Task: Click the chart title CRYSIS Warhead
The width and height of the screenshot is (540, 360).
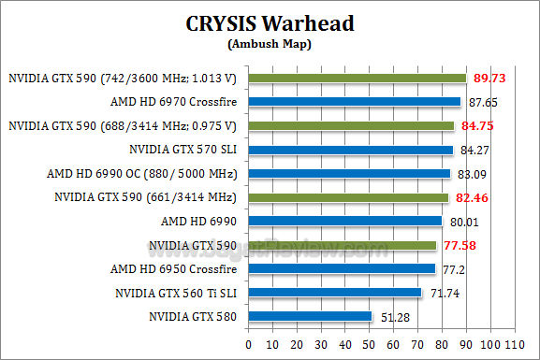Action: pyautogui.click(x=270, y=23)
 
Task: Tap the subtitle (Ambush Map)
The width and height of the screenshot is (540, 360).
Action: pyautogui.click(x=270, y=43)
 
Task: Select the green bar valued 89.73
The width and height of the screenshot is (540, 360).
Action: pyautogui.click(x=357, y=78)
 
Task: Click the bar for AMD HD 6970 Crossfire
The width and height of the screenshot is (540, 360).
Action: pyautogui.click(x=354, y=101)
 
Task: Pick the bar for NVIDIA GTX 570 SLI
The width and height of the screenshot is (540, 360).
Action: pyautogui.click(x=350, y=149)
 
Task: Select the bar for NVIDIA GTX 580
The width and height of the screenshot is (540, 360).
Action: pyautogui.click(x=310, y=316)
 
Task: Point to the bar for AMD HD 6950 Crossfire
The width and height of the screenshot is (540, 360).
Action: pyautogui.click(x=342, y=268)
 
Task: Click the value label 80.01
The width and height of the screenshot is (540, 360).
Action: pyautogui.click(x=465, y=221)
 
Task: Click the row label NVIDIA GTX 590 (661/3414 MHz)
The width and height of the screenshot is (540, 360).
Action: pyautogui.click(x=146, y=197)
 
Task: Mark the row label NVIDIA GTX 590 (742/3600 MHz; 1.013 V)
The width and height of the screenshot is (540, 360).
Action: pyautogui.click(x=122, y=78)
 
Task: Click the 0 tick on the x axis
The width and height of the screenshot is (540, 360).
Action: pyautogui.click(x=248, y=343)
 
